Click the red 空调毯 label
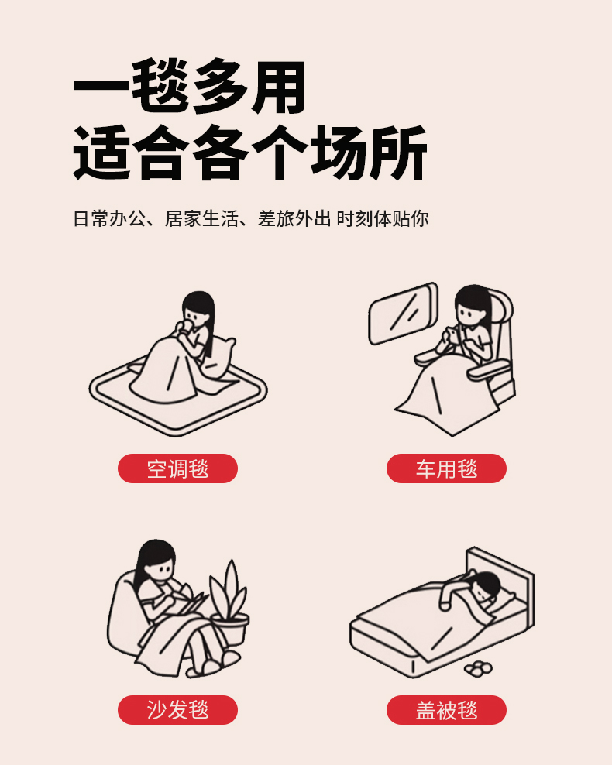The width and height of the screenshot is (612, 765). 177,468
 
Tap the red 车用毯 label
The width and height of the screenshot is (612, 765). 446,468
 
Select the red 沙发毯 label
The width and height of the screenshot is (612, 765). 177,709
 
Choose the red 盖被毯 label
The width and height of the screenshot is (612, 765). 446,709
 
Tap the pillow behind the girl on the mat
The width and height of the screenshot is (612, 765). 218,358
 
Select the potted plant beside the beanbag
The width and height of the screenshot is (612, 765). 229,602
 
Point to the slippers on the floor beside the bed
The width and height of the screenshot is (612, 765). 478,668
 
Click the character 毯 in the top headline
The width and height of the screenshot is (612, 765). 160,87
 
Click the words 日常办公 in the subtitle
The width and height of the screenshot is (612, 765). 110,218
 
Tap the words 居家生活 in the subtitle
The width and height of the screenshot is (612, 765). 201,218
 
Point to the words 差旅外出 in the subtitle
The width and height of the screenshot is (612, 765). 294,218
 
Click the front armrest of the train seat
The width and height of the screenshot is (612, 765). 489,370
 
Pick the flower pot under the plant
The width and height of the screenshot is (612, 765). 230,629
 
